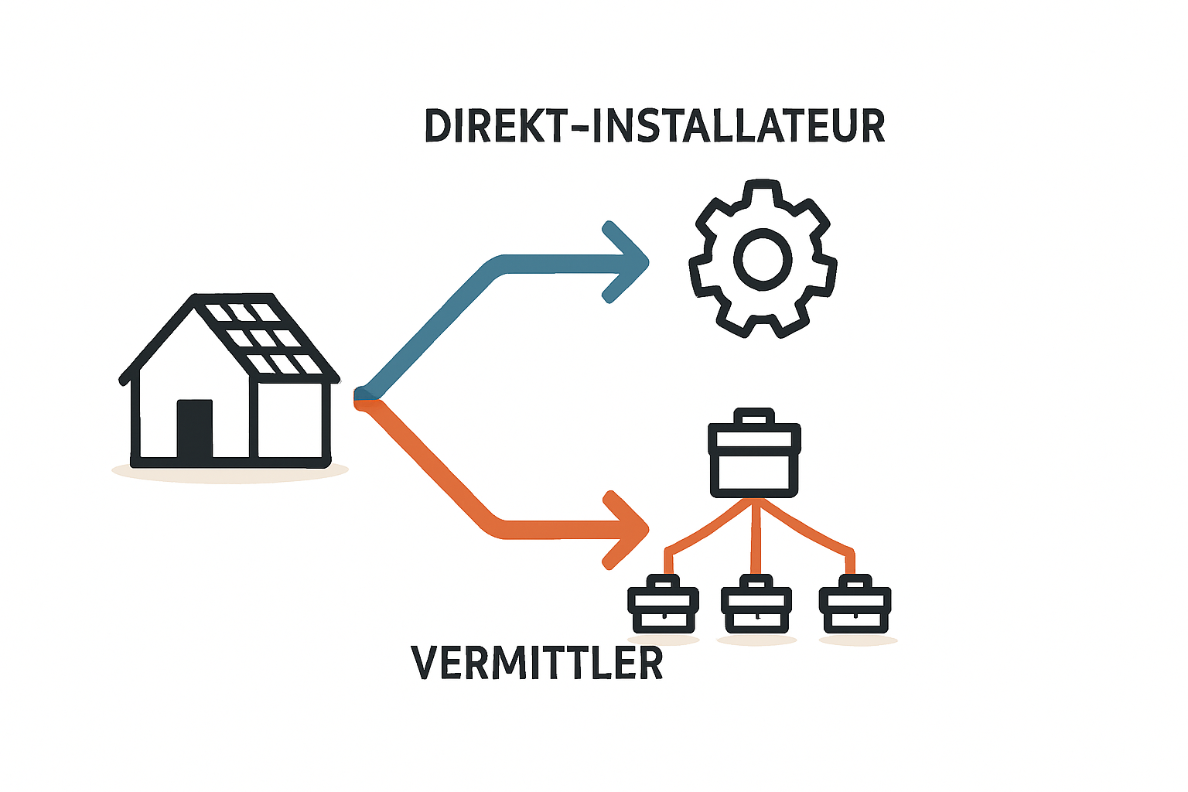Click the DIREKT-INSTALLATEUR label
coord(654,126)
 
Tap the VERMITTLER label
coord(537,662)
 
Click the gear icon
coord(763,258)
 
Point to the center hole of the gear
coord(763,259)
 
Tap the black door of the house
coord(194,429)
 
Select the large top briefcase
coord(754,459)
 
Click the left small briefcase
coord(663,605)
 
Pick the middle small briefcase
coord(756,605)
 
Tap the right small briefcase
coord(855,605)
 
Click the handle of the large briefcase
coord(754,416)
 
